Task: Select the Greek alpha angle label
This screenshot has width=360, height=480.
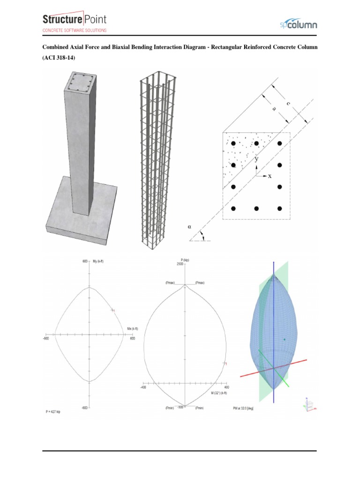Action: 189,226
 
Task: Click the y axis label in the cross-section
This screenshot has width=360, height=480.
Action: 256,159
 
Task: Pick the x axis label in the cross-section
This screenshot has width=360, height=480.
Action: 270,176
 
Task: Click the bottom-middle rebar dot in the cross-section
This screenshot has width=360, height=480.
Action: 256,208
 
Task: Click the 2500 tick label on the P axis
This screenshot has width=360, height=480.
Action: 180,265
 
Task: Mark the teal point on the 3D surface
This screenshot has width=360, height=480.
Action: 284,339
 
